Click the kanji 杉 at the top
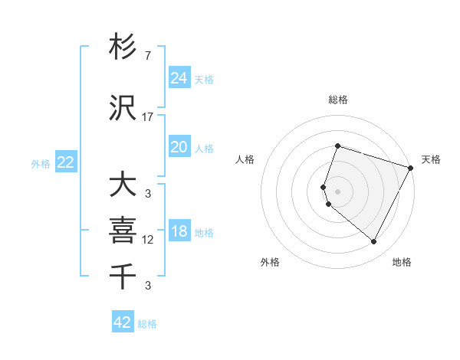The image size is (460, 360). pos(123,47)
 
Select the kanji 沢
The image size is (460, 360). pos(123,108)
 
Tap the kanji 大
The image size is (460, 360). pos(123,185)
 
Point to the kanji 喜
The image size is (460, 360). pos(123,229)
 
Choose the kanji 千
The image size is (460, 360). pos(123,275)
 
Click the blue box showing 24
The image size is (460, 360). pos(179,78)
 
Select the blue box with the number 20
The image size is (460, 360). pos(179,147)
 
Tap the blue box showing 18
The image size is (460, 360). pos(179,231)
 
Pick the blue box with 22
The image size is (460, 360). pos(66,162)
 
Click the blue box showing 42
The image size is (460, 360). pos(123,322)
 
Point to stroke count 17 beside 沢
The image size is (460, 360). pos(148,117)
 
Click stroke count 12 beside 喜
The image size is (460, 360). pos(148,240)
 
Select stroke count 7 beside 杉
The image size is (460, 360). pos(148,56)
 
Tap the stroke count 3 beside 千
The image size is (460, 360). pos(148,286)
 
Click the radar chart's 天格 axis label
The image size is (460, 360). pos(431,159)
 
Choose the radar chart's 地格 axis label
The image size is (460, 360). pos(402,262)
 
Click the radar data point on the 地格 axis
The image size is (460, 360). pos(373,242)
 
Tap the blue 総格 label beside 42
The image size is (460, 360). pos(147,324)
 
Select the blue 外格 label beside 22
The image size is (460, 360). pos(41,163)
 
